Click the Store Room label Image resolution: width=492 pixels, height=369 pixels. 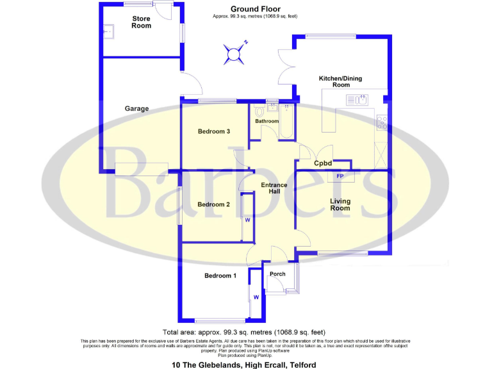point(142,22)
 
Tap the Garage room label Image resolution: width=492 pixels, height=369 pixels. point(136,109)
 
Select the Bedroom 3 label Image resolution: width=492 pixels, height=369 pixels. point(213,131)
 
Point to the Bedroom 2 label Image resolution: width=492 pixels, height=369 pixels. point(213,205)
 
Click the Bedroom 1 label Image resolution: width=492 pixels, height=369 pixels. point(220,276)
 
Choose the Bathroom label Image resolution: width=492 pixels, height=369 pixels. point(266,121)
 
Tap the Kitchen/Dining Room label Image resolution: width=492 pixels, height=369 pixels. point(341,81)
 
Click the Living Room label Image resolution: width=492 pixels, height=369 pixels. point(340,204)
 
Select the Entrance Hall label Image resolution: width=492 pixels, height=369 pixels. point(274,188)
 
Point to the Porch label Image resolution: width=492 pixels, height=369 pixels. point(277,274)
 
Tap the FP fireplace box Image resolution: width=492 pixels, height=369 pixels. point(340,176)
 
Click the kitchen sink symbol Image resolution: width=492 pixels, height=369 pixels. point(356,100)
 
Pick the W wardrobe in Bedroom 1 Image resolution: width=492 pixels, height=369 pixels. point(256,297)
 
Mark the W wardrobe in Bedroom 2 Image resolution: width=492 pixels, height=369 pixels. point(247,219)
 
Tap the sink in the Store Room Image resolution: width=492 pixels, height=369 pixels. point(109,29)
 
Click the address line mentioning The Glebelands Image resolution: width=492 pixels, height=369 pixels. point(243,365)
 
